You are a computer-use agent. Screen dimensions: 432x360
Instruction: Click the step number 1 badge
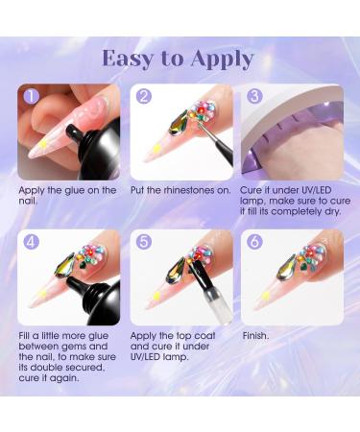(32, 97)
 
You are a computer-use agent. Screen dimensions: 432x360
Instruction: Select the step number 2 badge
(145, 97)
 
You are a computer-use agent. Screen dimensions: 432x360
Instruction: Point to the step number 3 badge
(254, 97)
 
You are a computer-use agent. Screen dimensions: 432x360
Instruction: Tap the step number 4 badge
(32, 241)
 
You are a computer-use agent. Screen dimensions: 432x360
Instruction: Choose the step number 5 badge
(145, 241)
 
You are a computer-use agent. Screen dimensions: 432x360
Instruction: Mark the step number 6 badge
(254, 241)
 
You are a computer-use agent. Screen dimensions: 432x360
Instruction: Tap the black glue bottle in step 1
(84, 158)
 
